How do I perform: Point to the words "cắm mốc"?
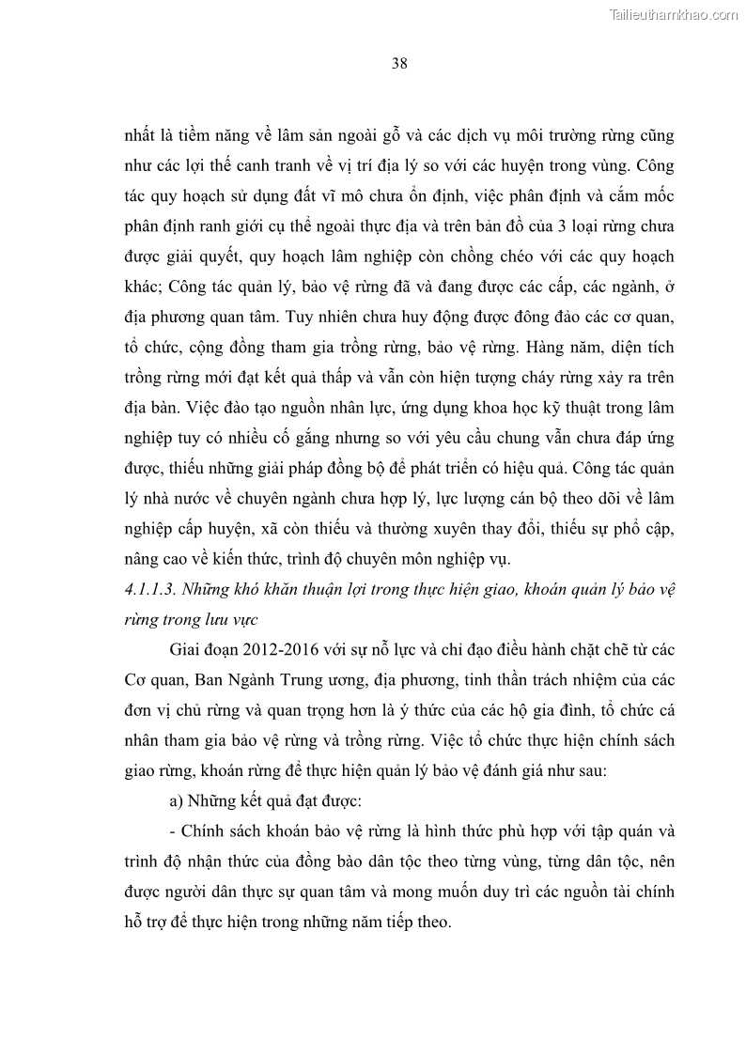[644, 198]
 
